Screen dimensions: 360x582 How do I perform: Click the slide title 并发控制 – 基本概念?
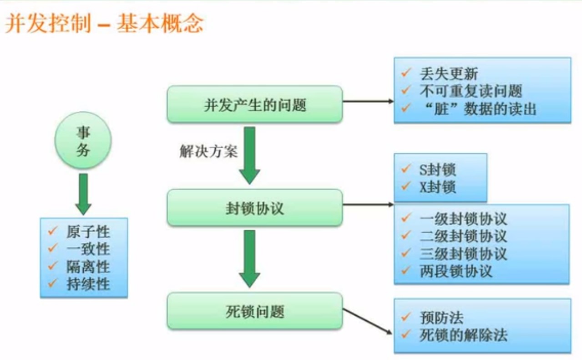(104, 24)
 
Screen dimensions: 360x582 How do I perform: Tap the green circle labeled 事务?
(83, 142)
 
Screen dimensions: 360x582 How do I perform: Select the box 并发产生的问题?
(254, 104)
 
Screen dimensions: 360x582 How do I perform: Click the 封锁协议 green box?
(254, 208)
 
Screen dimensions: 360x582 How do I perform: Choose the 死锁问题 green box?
(254, 311)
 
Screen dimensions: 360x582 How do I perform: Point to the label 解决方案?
(208, 152)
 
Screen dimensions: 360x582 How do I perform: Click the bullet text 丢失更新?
(448, 74)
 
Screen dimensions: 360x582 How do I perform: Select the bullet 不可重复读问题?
(470, 91)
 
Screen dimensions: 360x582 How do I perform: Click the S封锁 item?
(437, 170)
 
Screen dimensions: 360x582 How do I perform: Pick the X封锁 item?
(437, 187)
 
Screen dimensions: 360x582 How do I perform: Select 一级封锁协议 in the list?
(463, 219)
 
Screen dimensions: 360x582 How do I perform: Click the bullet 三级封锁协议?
(463, 254)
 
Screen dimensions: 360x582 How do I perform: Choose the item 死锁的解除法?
(463, 335)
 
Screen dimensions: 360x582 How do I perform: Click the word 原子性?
(88, 232)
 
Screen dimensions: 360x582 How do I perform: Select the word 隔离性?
(88, 267)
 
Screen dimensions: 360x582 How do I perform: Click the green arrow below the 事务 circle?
(83, 194)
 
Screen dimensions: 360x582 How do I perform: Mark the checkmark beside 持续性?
(52, 283)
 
